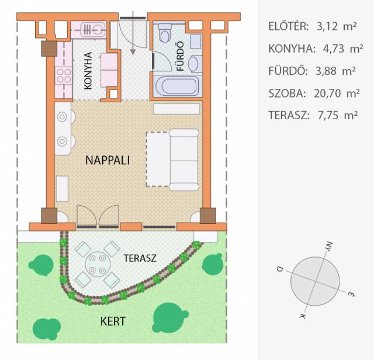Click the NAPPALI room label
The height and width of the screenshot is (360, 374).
(108, 160)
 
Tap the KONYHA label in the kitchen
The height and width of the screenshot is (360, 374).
(88, 71)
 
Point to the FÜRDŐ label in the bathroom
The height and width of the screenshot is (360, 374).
(181, 56)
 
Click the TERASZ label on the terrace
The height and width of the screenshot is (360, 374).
(140, 258)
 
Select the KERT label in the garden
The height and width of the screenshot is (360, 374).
(113, 321)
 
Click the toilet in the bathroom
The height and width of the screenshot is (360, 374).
(165, 33)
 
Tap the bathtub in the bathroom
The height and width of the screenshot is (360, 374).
(178, 86)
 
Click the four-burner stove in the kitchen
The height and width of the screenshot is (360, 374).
(64, 75)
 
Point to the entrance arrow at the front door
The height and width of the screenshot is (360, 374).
(133, 33)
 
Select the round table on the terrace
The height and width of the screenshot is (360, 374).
(98, 264)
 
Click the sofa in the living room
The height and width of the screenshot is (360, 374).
(183, 160)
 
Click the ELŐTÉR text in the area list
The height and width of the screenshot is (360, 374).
(289, 26)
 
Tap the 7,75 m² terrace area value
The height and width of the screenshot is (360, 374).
(338, 116)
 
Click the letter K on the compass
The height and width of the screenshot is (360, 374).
(303, 316)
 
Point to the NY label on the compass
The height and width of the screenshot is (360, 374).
(329, 247)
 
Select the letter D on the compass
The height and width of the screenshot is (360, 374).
(279, 269)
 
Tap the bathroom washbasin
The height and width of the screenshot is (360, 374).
(193, 64)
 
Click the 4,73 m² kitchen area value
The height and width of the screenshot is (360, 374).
(343, 49)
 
